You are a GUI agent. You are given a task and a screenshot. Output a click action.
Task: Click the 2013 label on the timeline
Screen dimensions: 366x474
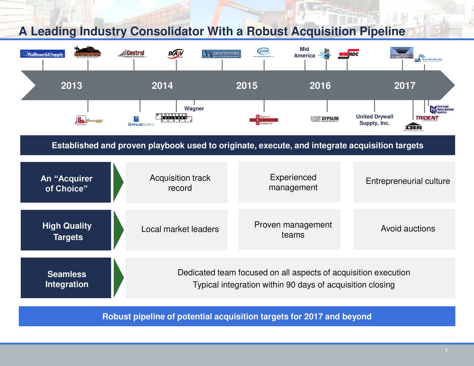click(x=71, y=86)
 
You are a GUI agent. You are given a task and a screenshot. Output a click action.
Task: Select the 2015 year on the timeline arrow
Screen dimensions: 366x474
click(x=247, y=86)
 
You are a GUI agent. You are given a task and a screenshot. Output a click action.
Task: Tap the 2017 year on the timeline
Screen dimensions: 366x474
click(x=404, y=86)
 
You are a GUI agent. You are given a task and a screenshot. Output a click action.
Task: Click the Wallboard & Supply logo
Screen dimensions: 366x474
click(x=43, y=54)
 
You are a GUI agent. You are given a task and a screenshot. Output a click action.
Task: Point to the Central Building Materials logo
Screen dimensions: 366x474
click(x=133, y=54)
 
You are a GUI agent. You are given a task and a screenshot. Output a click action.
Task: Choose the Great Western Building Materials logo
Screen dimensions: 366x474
click(x=221, y=54)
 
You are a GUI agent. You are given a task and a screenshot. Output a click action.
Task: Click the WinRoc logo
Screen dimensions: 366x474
click(x=348, y=54)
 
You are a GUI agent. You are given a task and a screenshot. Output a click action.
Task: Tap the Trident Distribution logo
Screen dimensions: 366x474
click(x=427, y=118)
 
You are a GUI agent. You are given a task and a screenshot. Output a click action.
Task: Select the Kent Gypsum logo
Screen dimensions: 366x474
click(x=325, y=119)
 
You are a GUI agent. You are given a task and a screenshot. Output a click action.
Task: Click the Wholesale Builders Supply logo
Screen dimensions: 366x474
click(x=174, y=118)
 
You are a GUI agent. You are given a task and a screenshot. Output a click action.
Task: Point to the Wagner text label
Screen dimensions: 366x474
click(x=194, y=108)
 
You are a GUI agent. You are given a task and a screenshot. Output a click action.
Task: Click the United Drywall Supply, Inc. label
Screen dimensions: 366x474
click(x=374, y=120)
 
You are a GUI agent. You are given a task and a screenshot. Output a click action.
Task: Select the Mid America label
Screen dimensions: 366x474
click(x=304, y=52)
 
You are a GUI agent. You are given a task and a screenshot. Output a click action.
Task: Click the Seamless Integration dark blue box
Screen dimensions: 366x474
click(x=66, y=278)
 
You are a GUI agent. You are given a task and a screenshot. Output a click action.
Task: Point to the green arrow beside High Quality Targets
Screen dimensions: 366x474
click(x=118, y=230)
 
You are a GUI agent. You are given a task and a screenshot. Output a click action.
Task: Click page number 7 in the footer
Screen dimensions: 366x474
click(x=446, y=351)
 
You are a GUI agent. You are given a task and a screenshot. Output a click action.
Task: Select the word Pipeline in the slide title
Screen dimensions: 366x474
click(x=382, y=31)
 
